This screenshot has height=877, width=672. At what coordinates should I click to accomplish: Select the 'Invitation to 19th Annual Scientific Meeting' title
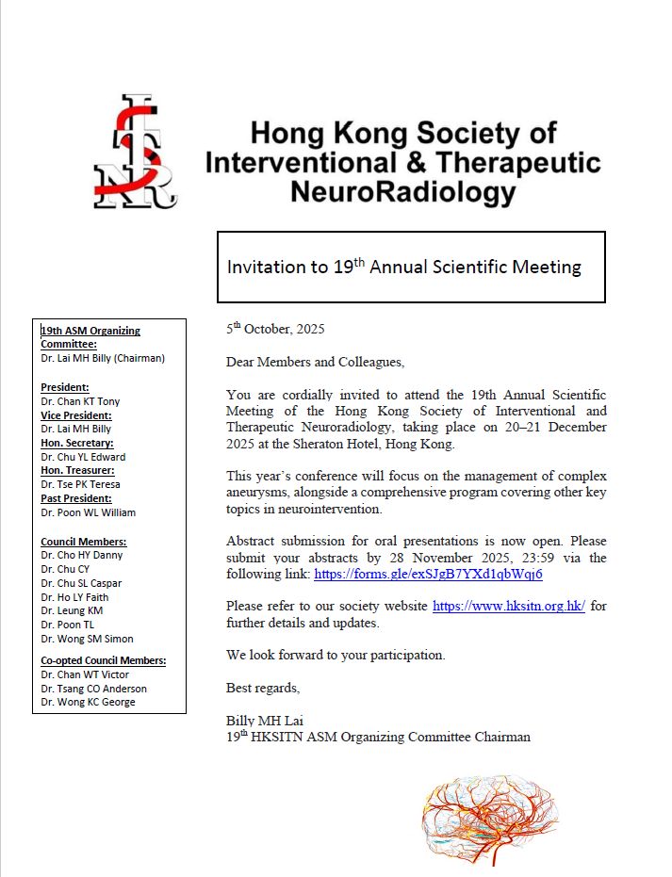coord(403,267)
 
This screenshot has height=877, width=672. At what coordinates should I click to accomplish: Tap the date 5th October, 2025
coord(275,330)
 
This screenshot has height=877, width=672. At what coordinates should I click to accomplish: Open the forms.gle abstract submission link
coord(428,574)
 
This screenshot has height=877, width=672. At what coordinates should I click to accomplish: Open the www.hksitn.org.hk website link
coord(509,607)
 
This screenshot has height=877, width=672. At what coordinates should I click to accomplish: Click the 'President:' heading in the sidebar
coord(65,387)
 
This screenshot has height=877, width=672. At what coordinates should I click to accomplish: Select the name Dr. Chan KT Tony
coord(80,401)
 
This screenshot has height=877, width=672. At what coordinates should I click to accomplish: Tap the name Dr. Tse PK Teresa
coord(80,484)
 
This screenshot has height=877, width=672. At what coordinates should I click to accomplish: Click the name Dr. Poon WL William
coord(88,512)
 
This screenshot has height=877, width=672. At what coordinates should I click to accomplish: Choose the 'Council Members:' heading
coord(84,542)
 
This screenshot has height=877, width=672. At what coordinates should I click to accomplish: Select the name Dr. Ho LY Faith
coord(74,597)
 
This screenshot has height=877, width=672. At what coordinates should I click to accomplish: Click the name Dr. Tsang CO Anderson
coord(94,689)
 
